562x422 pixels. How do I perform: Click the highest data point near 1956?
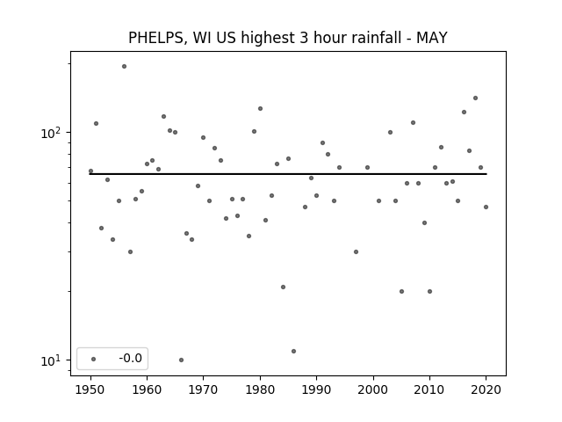pyautogui.click(x=124, y=67)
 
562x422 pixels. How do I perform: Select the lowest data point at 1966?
pyautogui.click(x=182, y=360)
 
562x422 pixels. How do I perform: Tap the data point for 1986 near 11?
pyautogui.click(x=294, y=352)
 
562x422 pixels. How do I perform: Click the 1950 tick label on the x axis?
pyautogui.click(x=90, y=389)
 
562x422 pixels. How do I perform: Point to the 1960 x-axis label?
pyautogui.click(x=147, y=389)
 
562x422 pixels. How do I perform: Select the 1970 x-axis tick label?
pyautogui.click(x=203, y=389)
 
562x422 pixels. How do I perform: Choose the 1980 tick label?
pyautogui.click(x=260, y=389)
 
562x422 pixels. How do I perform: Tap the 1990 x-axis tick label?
pyautogui.click(x=316, y=389)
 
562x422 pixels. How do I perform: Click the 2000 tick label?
pyautogui.click(x=373, y=389)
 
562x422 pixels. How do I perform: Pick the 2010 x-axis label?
pyautogui.click(x=429, y=389)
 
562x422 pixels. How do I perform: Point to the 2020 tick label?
pyautogui.click(x=486, y=389)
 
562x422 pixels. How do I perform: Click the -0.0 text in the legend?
pyautogui.click(x=131, y=359)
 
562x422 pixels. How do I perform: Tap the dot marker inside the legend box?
pyautogui.click(x=94, y=360)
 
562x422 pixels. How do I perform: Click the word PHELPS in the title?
pyautogui.click(x=156, y=38)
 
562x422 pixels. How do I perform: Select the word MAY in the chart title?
pyautogui.click(x=431, y=38)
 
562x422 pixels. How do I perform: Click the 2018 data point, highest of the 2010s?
pyautogui.click(x=476, y=98)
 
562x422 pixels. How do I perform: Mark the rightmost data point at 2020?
pyautogui.click(x=486, y=207)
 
